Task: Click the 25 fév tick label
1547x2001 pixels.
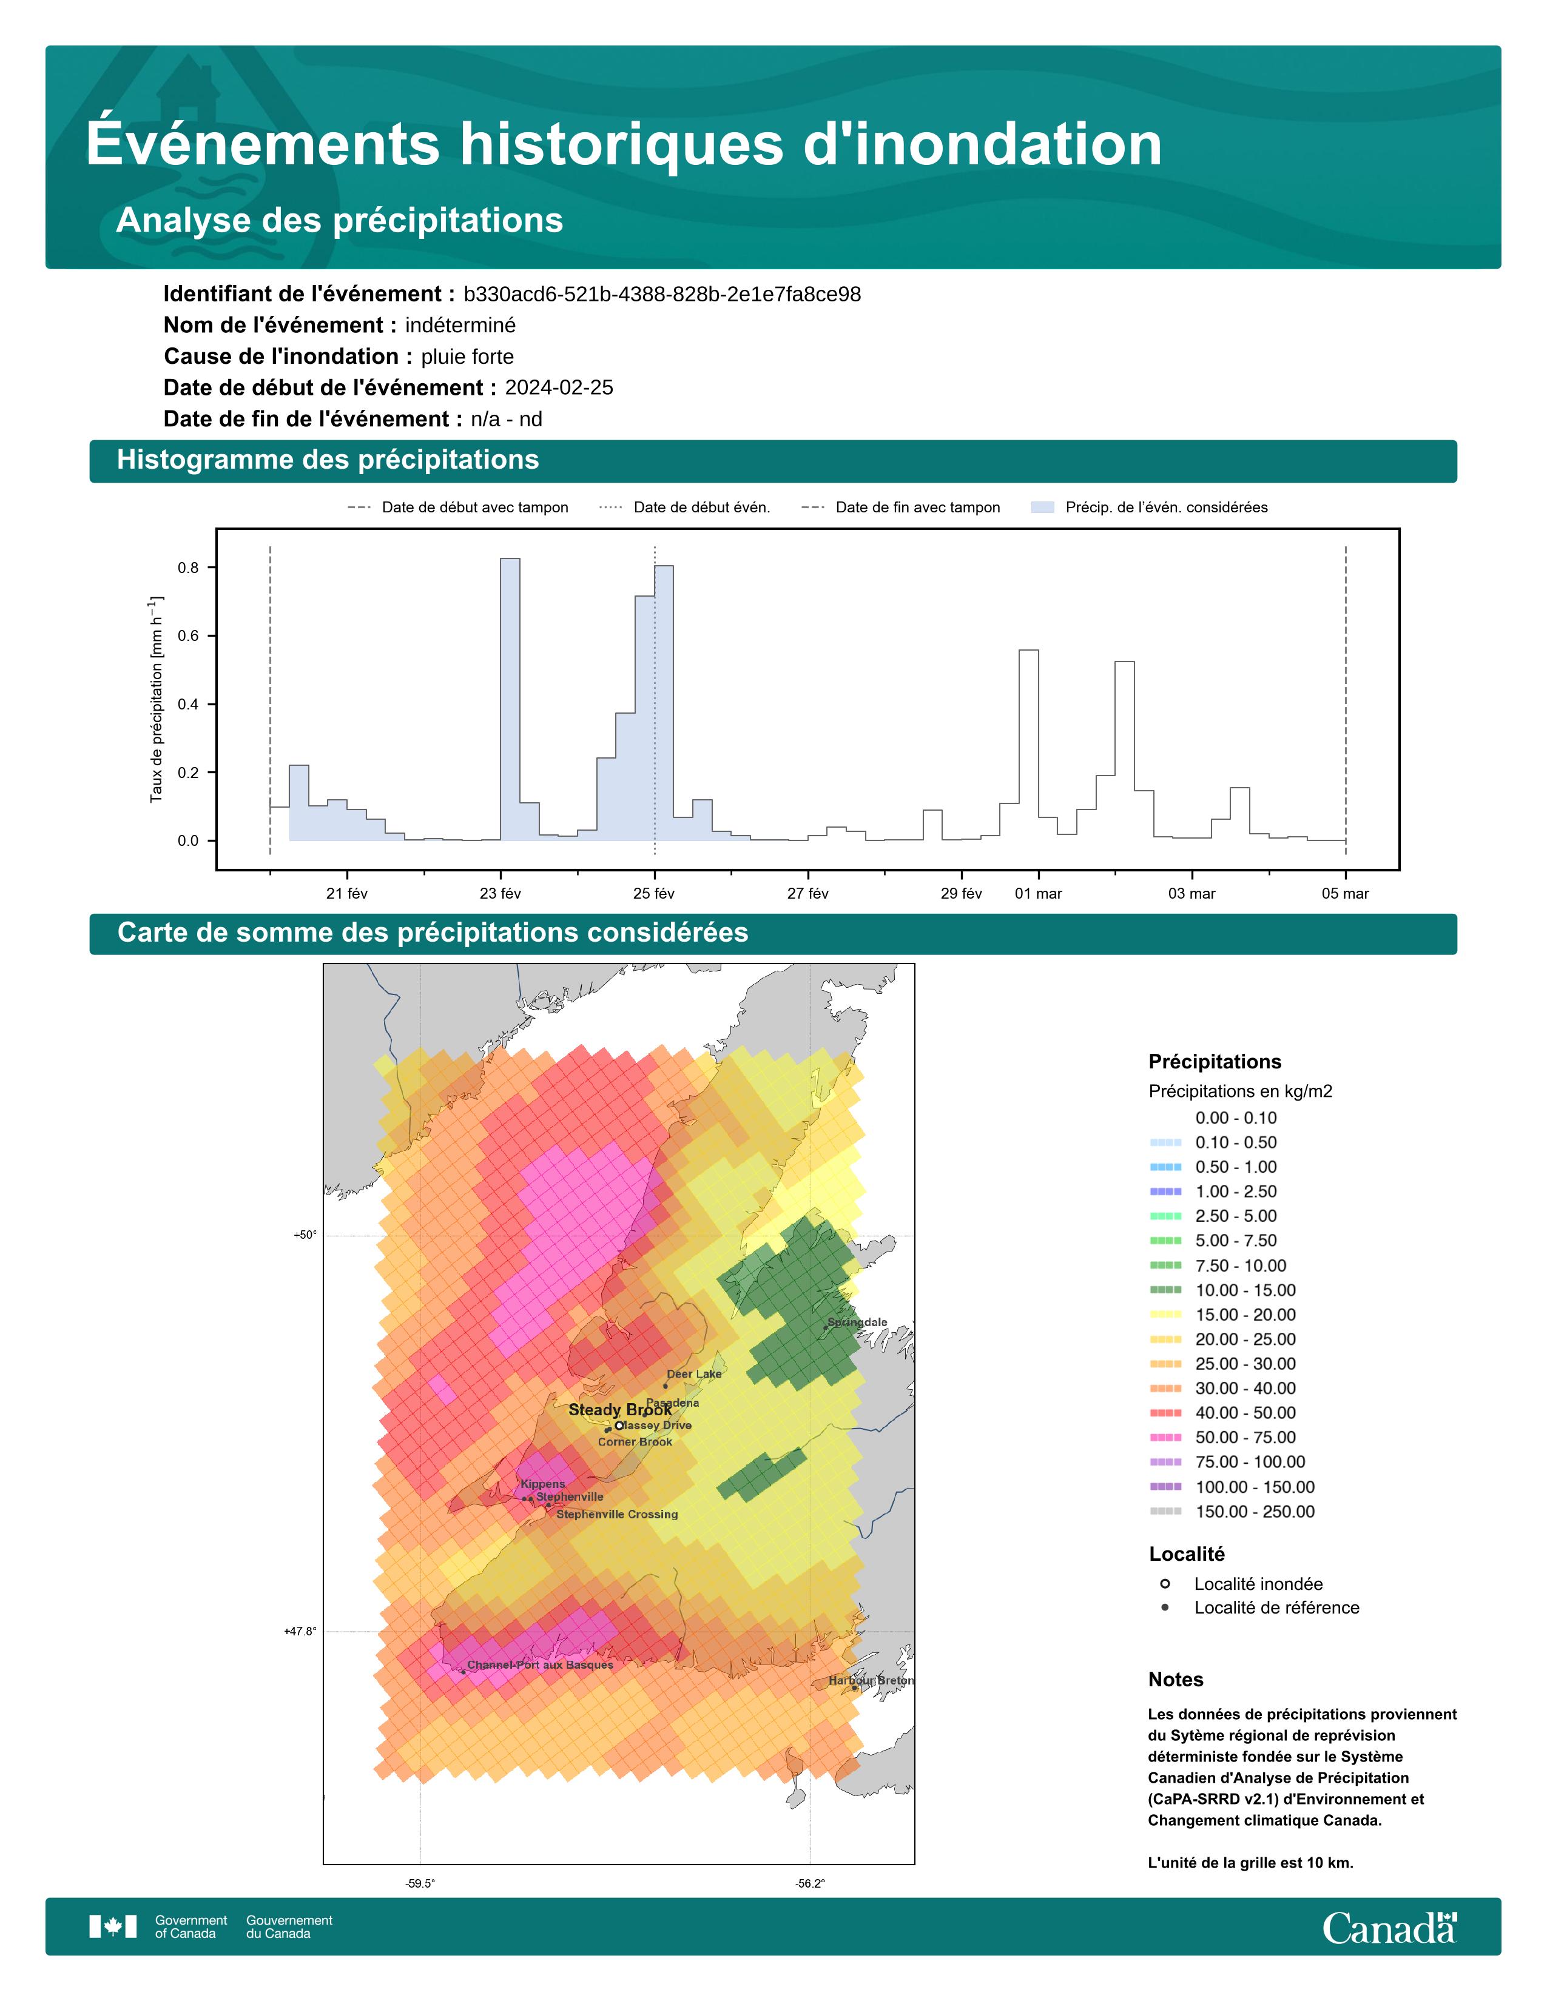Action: coord(653,893)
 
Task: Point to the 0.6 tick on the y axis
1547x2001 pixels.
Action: coord(188,636)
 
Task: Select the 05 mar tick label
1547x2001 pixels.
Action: coord(1344,893)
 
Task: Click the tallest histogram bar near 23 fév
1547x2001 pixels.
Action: coord(510,696)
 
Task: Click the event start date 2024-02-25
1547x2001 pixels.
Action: coord(559,387)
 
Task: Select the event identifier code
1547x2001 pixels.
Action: coord(662,294)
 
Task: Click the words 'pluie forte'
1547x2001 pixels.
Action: coord(467,357)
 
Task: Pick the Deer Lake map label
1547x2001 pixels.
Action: coord(694,1373)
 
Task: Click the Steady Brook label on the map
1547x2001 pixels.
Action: coord(619,1409)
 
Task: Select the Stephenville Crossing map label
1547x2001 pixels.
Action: coord(617,1515)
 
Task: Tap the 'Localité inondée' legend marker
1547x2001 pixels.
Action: coord(1165,1583)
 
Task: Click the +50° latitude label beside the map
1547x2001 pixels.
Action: coord(305,1235)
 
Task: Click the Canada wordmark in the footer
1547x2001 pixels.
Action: coord(1389,1928)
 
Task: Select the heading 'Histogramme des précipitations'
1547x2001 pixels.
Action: coord(328,460)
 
